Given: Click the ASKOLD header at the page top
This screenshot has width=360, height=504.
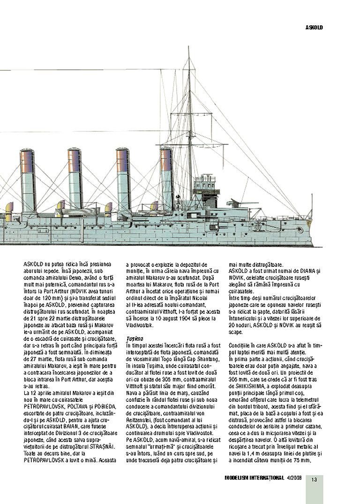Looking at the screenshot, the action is (x=314, y=27).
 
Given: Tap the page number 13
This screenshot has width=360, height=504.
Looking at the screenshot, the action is (x=314, y=479).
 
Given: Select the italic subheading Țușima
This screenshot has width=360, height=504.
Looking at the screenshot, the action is (x=134, y=338).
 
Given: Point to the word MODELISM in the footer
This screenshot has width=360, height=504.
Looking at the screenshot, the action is (x=239, y=478).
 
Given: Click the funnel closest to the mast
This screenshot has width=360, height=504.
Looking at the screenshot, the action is (x=166, y=181).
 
